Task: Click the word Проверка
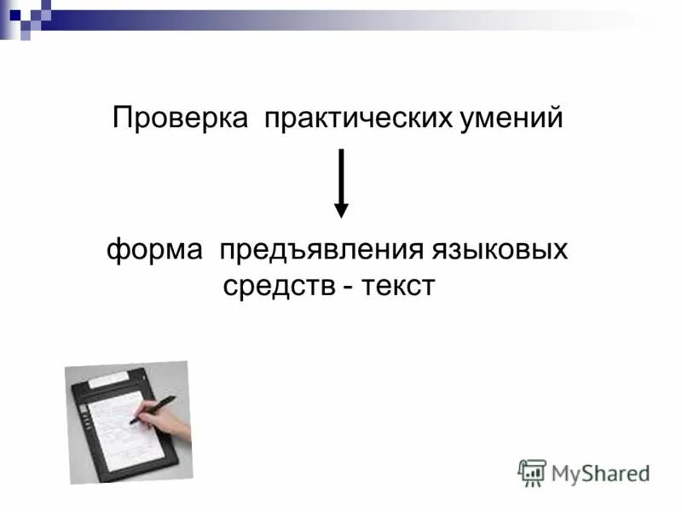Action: click(x=182, y=118)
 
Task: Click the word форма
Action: click(x=155, y=251)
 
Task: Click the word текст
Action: click(x=399, y=286)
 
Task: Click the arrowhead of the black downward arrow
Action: click(x=341, y=210)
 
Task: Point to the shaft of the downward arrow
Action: click(x=341, y=175)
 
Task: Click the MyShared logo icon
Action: click(x=532, y=473)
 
